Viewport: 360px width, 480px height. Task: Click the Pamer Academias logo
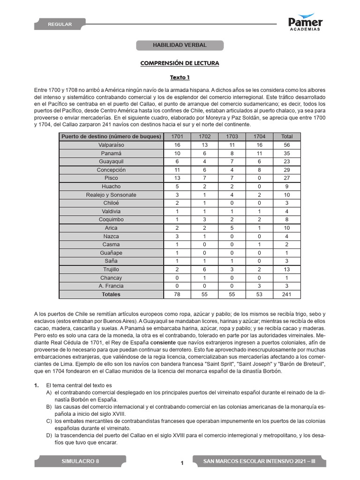coord(305,22)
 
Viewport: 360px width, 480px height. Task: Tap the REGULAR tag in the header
coord(60,24)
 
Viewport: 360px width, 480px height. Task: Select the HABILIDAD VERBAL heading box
coord(180,45)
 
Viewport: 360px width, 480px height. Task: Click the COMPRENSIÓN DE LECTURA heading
coord(180,63)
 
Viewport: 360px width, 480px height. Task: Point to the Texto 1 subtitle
coord(180,77)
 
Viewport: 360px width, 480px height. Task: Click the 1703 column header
coord(232,136)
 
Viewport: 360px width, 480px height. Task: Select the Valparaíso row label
coord(112,145)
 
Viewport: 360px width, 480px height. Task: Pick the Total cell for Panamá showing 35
coord(287,153)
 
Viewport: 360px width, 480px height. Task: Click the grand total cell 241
coord(287,294)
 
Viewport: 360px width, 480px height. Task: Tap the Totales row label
coord(112,294)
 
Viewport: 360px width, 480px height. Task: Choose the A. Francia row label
coord(112,286)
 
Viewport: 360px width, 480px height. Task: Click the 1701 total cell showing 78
coord(177,294)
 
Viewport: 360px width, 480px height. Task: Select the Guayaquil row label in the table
coord(112,161)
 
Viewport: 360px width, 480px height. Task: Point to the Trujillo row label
coord(112,270)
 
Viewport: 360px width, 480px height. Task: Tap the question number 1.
coord(36,385)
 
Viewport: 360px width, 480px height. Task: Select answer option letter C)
coord(49,422)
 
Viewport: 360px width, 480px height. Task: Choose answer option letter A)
coord(49,392)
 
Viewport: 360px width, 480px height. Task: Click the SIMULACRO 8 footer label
coord(80,461)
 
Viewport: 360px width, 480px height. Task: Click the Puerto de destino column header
coord(112,136)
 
